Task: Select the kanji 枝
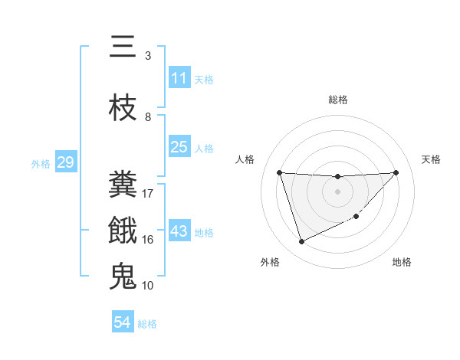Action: click(123, 109)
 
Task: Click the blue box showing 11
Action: click(179, 78)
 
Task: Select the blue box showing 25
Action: click(179, 147)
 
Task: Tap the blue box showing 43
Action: click(179, 231)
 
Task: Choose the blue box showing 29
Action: click(65, 162)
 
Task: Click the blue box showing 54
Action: click(123, 323)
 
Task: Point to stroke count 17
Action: click(149, 194)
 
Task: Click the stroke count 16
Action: click(148, 240)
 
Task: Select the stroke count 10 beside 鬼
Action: click(149, 286)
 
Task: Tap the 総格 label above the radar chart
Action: click(337, 100)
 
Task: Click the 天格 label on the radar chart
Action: click(432, 159)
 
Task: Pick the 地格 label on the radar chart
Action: click(402, 262)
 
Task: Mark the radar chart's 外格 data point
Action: click(301, 242)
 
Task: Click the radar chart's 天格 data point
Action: click(396, 172)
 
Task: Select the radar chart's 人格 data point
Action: click(279, 172)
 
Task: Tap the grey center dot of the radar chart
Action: click(337, 191)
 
